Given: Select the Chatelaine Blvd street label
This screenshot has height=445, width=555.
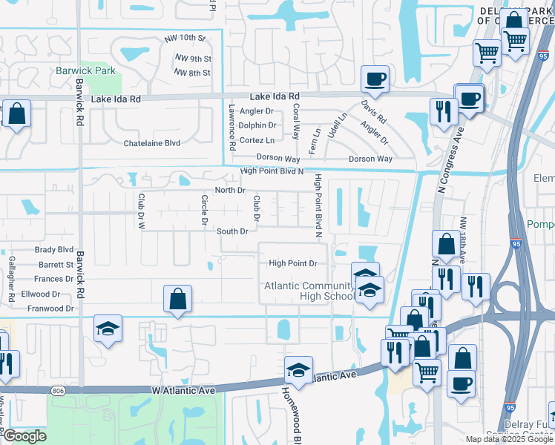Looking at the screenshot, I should [x=151, y=142].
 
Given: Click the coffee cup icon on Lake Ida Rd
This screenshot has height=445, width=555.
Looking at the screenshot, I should [x=375, y=78].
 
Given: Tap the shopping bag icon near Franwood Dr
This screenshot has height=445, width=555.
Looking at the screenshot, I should [x=178, y=299].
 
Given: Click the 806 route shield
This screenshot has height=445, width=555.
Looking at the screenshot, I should [x=59, y=390].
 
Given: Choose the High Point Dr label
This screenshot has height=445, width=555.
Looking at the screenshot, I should [x=292, y=263].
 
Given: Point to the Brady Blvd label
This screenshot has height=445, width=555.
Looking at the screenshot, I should [x=54, y=250].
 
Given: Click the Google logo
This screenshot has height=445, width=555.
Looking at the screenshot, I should [x=24, y=436].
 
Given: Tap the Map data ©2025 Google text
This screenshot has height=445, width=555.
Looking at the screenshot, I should [x=508, y=439].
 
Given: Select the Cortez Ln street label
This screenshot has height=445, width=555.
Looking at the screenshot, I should [x=257, y=140].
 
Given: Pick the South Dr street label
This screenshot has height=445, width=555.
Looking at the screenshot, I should [x=232, y=231].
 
